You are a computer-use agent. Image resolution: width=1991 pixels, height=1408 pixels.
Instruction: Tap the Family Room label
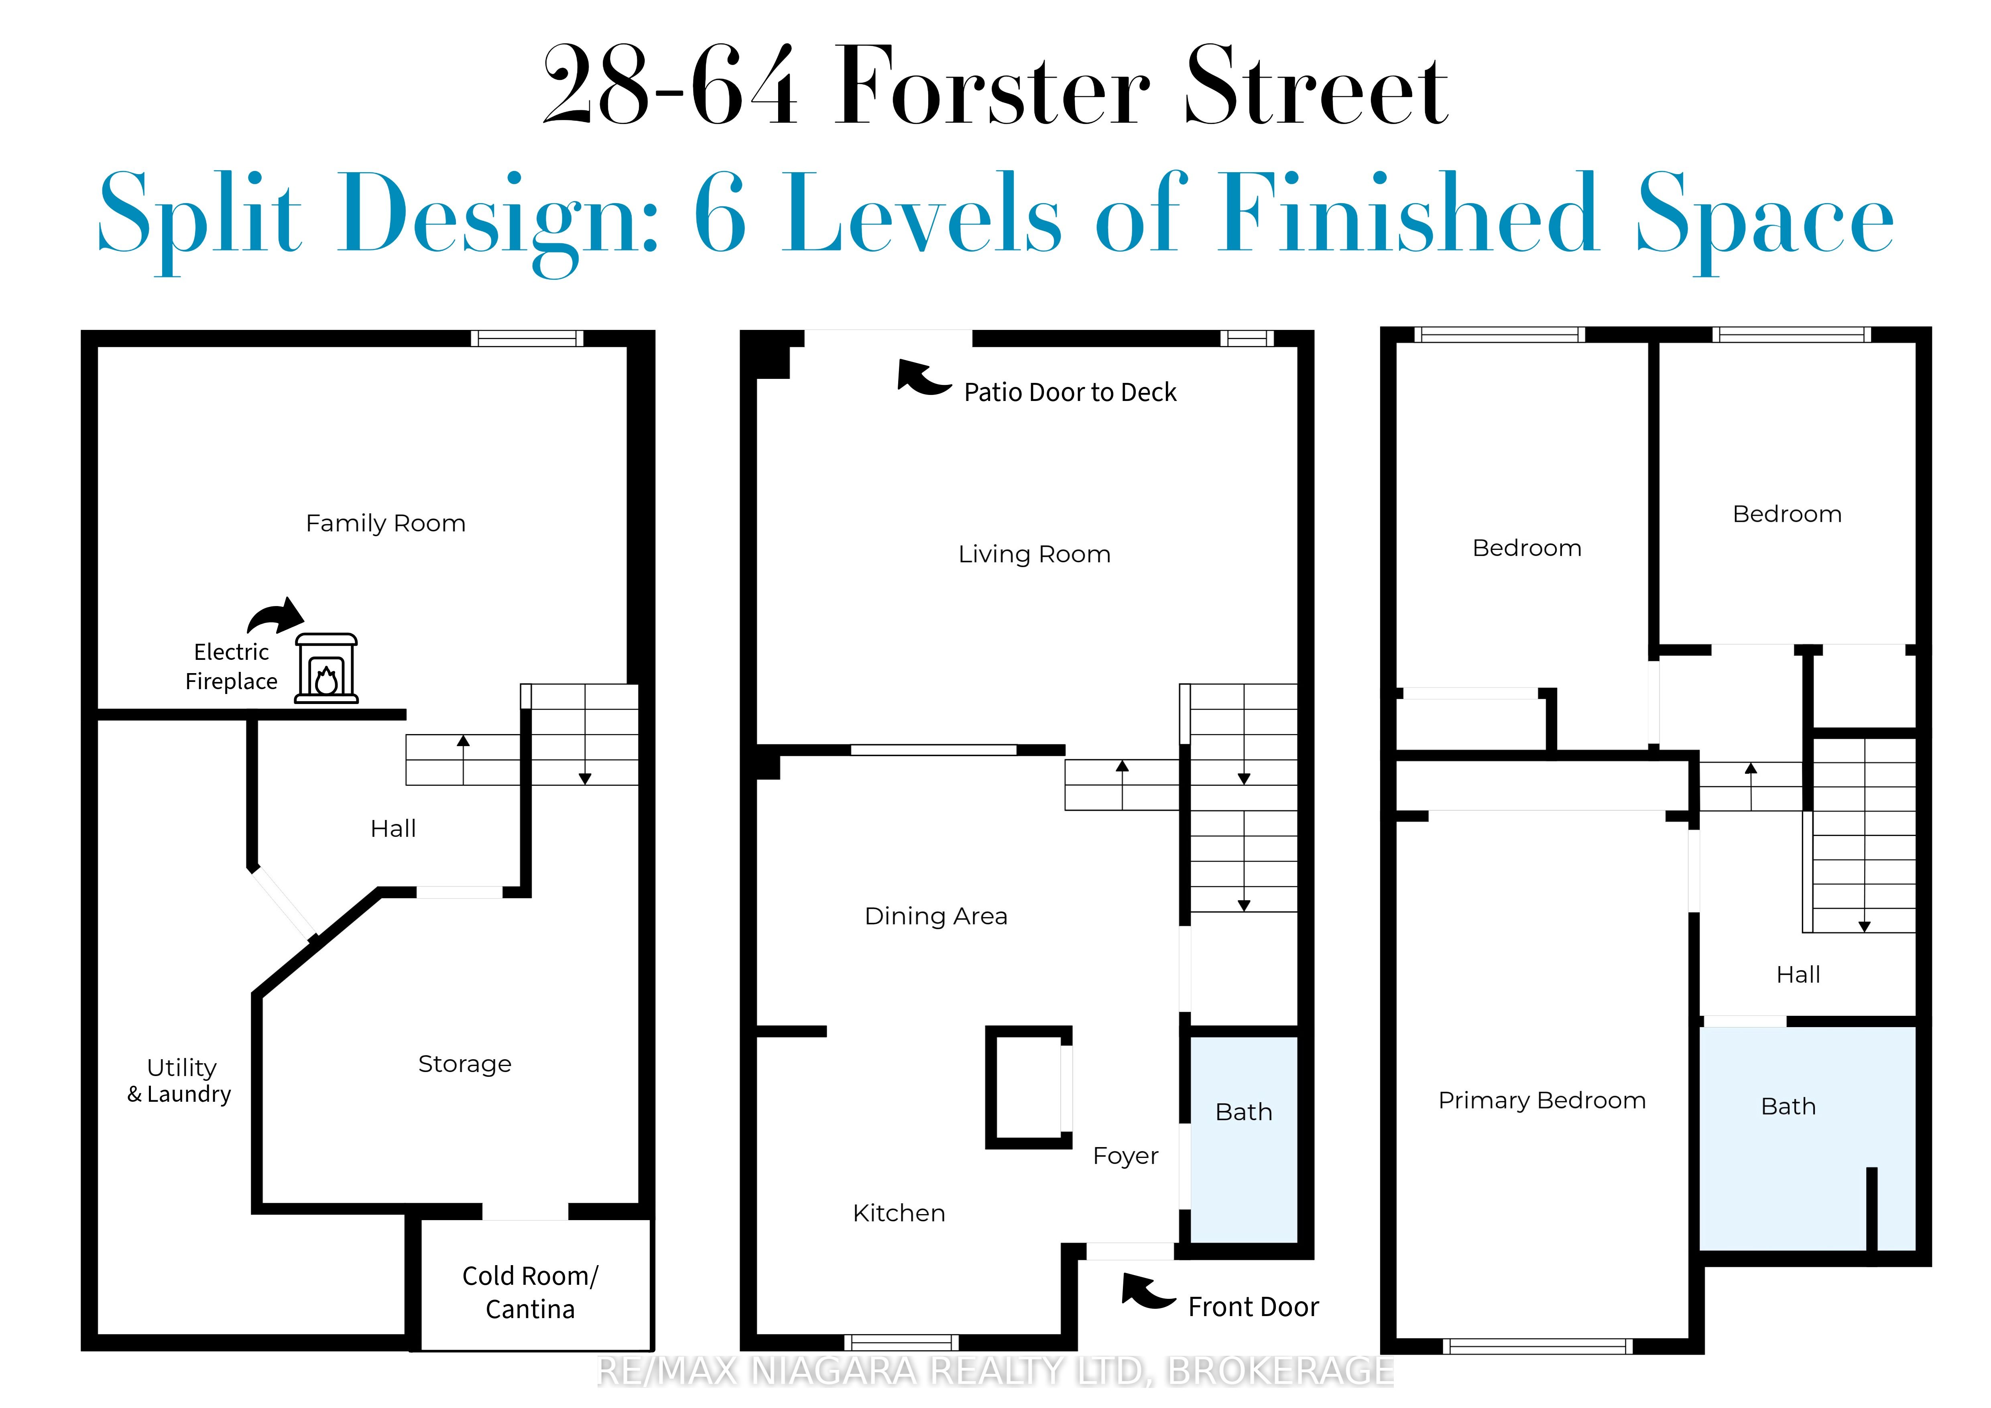pyautogui.click(x=386, y=524)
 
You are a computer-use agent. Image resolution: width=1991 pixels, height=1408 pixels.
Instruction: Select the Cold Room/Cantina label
pyautogui.click(x=530, y=1292)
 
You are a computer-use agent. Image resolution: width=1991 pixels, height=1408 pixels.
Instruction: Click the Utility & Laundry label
pyautogui.click(x=180, y=1080)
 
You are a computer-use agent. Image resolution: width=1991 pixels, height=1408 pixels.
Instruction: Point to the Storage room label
pyautogui.click(x=465, y=1064)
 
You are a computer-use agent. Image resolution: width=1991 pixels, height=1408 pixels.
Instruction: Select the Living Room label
pyautogui.click(x=1035, y=554)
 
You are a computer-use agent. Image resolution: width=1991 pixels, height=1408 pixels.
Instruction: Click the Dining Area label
pyautogui.click(x=937, y=916)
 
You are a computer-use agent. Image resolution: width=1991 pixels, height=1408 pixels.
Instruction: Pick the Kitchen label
pyautogui.click(x=899, y=1213)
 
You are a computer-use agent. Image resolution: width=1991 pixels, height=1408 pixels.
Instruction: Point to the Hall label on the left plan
pyautogui.click(x=394, y=829)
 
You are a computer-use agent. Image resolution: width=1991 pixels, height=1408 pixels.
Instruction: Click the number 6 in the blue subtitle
pyautogui.click(x=721, y=213)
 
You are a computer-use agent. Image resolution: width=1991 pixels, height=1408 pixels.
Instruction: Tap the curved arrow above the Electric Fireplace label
pyautogui.click(x=276, y=615)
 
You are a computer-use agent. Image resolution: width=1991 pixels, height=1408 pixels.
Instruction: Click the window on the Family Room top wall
pyautogui.click(x=527, y=338)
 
